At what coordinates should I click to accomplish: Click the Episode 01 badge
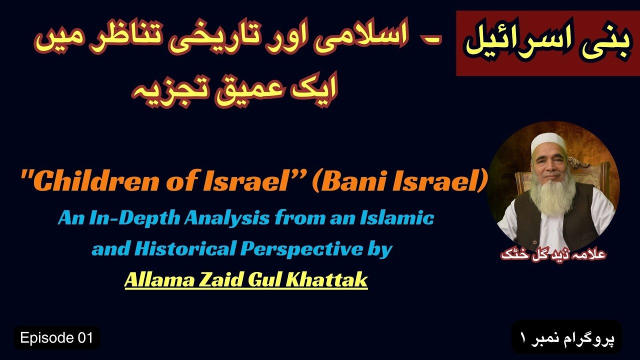pos(56,338)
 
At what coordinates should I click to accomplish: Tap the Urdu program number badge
pos(566,337)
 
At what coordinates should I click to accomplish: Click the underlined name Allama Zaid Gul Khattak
pos(245,280)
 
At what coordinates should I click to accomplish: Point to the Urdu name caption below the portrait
pos(553,254)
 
